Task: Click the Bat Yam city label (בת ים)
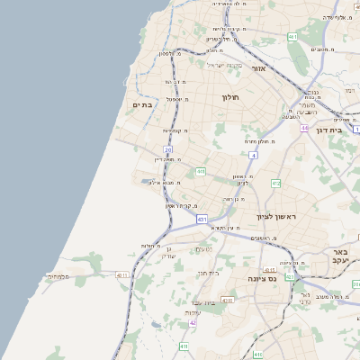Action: [143, 105]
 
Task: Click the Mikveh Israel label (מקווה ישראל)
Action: [225, 65]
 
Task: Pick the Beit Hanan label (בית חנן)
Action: [208, 273]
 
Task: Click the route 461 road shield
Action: [293, 36]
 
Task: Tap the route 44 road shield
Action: [304, 129]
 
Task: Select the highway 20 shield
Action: [167, 149]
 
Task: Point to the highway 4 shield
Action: [255, 156]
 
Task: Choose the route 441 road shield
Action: [201, 171]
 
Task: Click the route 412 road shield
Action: [276, 183]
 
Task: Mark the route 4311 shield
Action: [122, 275]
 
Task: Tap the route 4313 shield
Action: [269, 269]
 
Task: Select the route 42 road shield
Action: [193, 322]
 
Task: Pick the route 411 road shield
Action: [184, 346]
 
